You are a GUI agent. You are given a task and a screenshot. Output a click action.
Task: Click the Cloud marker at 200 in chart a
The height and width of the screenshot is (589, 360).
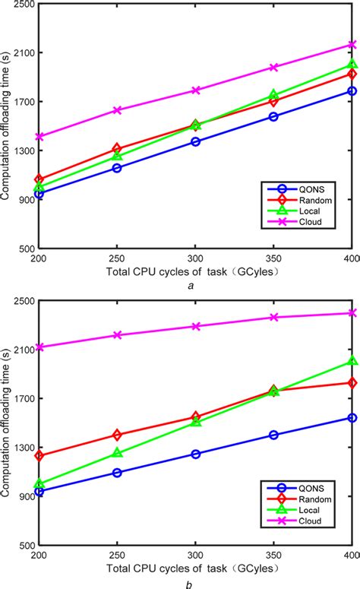click(39, 137)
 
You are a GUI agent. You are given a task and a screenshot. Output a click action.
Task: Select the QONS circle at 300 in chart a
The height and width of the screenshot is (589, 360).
click(195, 141)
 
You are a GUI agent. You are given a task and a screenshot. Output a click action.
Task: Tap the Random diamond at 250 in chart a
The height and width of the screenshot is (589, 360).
click(117, 149)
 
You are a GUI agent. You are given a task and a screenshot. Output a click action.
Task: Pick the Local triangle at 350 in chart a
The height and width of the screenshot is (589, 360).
click(273, 96)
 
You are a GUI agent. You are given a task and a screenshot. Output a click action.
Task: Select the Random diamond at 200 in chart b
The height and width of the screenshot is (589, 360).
click(39, 456)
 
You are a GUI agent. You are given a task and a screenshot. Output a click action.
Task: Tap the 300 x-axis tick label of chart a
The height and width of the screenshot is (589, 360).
click(195, 258)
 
